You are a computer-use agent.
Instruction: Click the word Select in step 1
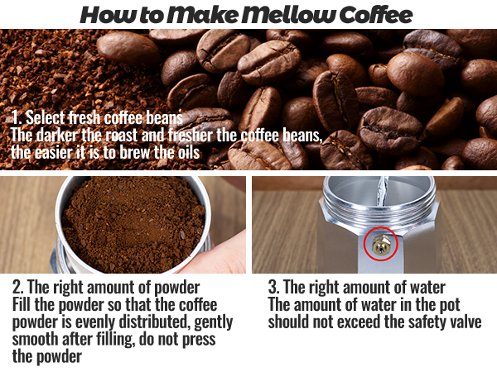click(x=46, y=118)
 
